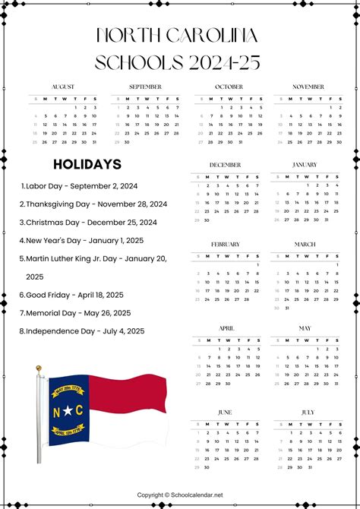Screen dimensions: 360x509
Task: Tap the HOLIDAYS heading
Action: click(87, 164)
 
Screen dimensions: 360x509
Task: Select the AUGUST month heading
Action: click(63, 87)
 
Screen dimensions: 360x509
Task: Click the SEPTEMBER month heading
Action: click(145, 87)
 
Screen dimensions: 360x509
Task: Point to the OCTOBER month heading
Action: click(229, 87)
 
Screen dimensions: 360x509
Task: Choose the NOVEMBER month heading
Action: click(308, 87)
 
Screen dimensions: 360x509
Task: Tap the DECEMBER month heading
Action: click(225, 165)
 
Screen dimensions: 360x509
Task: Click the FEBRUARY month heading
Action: click(225, 245)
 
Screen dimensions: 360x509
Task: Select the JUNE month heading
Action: click(225, 412)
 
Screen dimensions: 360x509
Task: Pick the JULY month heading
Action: click(308, 412)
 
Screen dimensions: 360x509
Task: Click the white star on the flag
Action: click(67, 410)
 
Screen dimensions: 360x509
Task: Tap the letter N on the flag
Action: click(56, 410)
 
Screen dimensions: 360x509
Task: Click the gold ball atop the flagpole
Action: click(39, 368)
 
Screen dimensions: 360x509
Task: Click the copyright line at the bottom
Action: click(180, 495)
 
